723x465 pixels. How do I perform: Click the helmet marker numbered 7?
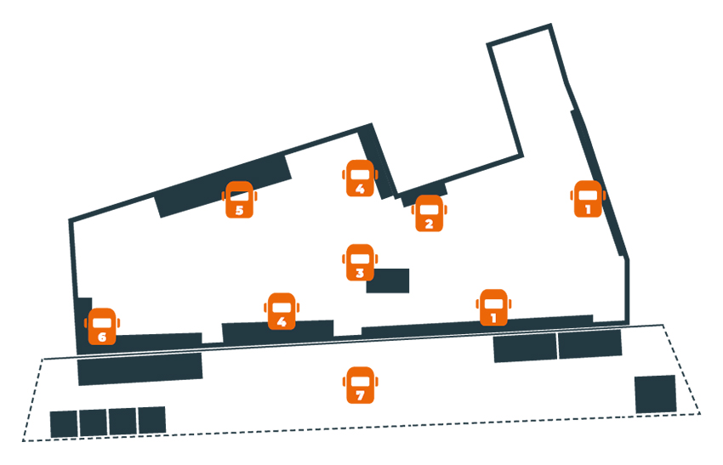tap(360, 385)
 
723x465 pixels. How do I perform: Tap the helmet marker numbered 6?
tap(102, 326)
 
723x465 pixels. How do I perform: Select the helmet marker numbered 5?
tap(239, 200)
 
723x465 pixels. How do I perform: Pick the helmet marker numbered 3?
tap(360, 263)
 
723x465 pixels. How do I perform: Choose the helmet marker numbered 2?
tap(429, 213)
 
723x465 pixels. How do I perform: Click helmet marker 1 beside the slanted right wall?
tap(587, 199)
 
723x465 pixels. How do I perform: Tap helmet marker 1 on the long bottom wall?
tap(493, 308)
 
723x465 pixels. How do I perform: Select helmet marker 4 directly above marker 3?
tap(360, 178)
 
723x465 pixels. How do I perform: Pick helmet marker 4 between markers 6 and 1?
tap(281, 311)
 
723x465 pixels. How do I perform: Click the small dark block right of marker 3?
tap(388, 281)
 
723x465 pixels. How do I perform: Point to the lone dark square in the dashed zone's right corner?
tap(655, 394)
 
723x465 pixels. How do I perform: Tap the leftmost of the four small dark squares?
tap(64, 423)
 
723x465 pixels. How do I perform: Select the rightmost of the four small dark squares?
tap(151, 420)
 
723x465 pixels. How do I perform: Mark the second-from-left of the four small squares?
tap(93, 422)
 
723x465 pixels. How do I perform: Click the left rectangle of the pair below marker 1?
tap(525, 348)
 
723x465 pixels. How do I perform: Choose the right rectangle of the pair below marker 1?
tap(589, 344)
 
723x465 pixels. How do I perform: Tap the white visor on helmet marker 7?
tap(360, 379)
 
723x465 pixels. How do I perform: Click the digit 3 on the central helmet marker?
tap(360, 274)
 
